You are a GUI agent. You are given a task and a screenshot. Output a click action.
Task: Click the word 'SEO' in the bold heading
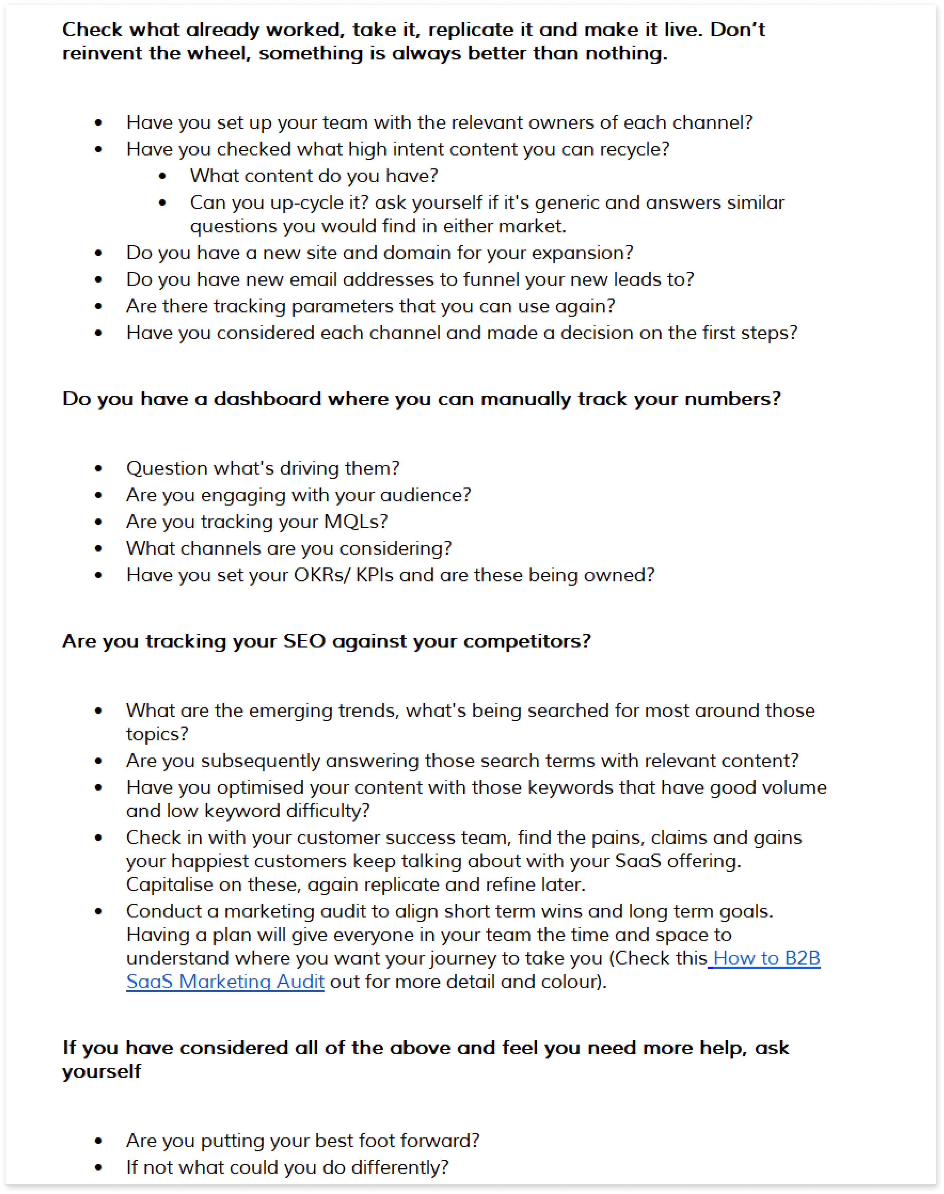click(x=304, y=641)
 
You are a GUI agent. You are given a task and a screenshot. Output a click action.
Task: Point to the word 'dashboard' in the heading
click(x=267, y=399)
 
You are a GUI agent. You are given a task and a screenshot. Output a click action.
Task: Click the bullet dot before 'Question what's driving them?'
click(x=98, y=469)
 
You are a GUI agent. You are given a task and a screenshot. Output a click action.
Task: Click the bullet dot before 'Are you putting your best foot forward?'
click(x=98, y=1141)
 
